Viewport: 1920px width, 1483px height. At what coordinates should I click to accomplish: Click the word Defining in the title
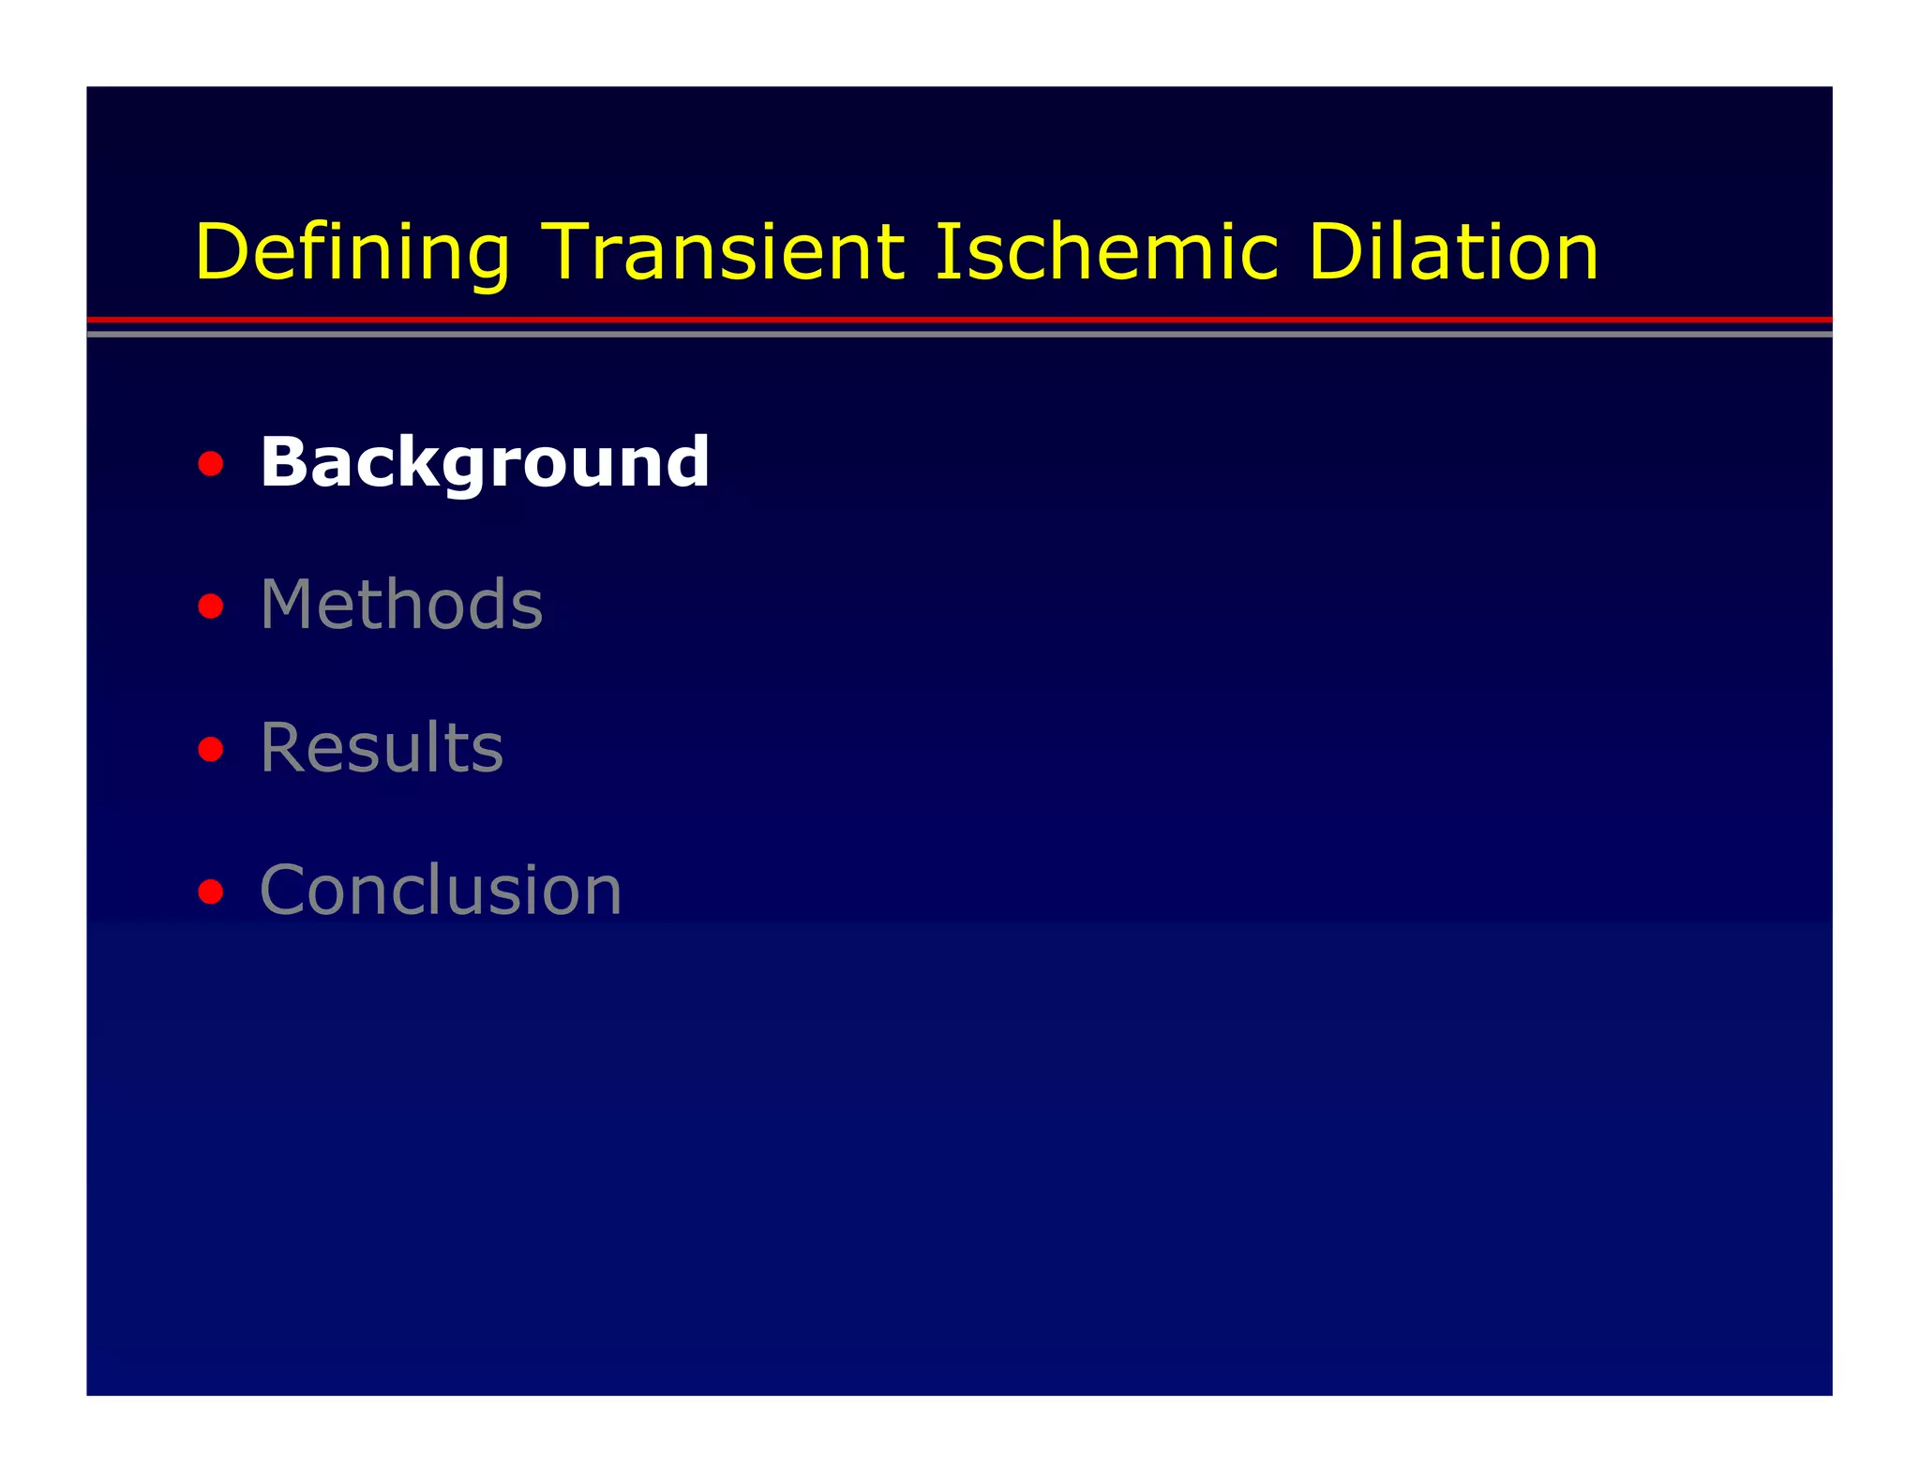tap(352, 253)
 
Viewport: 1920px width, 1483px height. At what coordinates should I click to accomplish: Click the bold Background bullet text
tap(485, 462)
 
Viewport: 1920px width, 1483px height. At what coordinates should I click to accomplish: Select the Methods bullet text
tap(401, 605)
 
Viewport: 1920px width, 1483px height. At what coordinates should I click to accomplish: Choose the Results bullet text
tap(382, 747)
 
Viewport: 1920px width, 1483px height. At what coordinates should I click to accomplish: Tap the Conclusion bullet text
tap(441, 890)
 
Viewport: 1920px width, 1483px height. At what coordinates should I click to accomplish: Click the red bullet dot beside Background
tap(211, 464)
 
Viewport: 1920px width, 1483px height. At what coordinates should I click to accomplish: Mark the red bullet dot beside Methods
tap(211, 607)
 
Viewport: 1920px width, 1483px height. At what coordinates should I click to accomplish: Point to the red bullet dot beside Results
tap(211, 749)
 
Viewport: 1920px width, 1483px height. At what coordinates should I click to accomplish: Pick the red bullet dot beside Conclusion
tap(211, 891)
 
